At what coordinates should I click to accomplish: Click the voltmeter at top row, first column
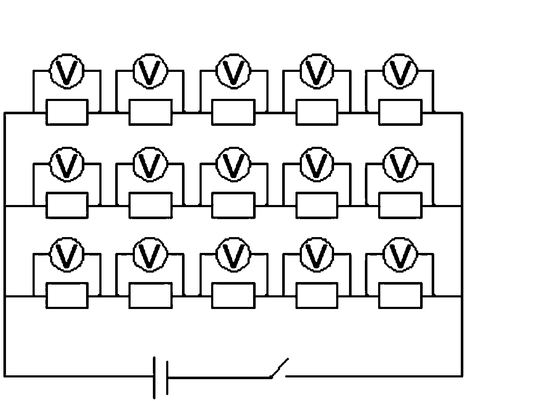click(x=67, y=71)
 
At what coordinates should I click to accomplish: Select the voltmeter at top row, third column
click(x=233, y=71)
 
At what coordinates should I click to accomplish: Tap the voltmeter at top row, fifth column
click(x=400, y=71)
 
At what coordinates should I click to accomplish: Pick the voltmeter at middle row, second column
click(x=150, y=165)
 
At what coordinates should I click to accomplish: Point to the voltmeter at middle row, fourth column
click(x=316, y=165)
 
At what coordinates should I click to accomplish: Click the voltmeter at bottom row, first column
click(x=67, y=255)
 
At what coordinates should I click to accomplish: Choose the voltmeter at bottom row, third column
click(x=233, y=255)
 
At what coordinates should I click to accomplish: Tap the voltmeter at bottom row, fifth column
click(x=400, y=255)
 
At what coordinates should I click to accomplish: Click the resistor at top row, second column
click(x=151, y=112)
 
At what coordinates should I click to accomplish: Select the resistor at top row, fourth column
click(x=317, y=112)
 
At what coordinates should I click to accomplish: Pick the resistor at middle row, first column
click(x=67, y=205)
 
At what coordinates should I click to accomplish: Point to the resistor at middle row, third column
click(x=233, y=205)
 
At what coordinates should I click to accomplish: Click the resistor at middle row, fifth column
click(x=400, y=205)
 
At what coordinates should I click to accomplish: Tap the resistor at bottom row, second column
click(x=151, y=296)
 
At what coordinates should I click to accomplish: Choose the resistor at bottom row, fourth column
click(x=317, y=296)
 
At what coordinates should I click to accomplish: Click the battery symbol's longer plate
click(x=154, y=378)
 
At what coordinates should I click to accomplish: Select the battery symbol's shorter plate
click(x=167, y=378)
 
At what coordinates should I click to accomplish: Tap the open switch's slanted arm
click(x=279, y=368)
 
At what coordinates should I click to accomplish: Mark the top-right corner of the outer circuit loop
click(x=462, y=113)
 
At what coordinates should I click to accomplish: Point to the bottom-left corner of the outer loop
click(x=5, y=376)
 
